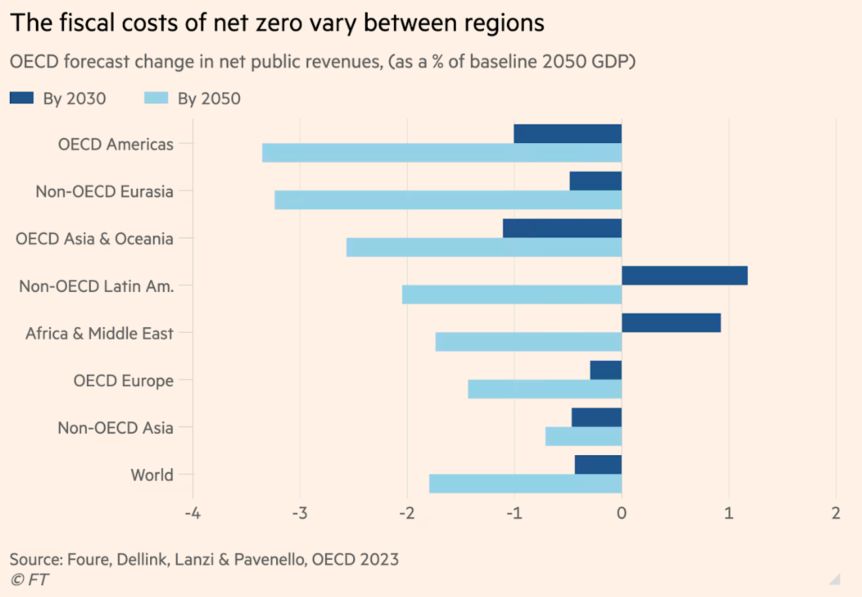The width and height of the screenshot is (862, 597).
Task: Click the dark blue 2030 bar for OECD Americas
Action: click(567, 134)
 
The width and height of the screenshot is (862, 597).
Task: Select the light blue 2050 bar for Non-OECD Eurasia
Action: click(448, 200)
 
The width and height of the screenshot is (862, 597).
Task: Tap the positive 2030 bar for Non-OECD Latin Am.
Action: click(684, 276)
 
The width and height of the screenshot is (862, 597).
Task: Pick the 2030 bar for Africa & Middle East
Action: click(671, 323)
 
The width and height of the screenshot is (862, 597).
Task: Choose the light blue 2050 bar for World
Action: click(525, 483)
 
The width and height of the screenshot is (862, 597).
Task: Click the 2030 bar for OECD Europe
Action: click(605, 370)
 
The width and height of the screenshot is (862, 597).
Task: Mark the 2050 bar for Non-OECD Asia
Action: click(583, 436)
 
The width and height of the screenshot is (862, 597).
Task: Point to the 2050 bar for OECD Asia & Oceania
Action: click(484, 248)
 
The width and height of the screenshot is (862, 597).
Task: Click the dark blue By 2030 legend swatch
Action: click(22, 99)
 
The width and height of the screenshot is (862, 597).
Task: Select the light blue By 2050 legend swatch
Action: click(156, 99)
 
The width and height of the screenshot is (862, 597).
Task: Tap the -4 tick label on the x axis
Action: click(192, 513)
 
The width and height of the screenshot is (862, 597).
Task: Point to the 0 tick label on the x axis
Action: click(621, 513)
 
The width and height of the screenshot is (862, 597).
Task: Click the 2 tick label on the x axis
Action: click(836, 513)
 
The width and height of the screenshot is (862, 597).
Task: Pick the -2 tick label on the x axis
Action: click(406, 513)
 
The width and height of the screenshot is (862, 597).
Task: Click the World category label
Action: click(152, 475)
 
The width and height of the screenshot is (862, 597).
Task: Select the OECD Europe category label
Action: click(123, 381)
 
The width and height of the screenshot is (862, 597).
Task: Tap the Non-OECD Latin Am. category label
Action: click(97, 286)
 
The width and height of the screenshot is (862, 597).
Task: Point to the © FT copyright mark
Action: click(29, 579)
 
